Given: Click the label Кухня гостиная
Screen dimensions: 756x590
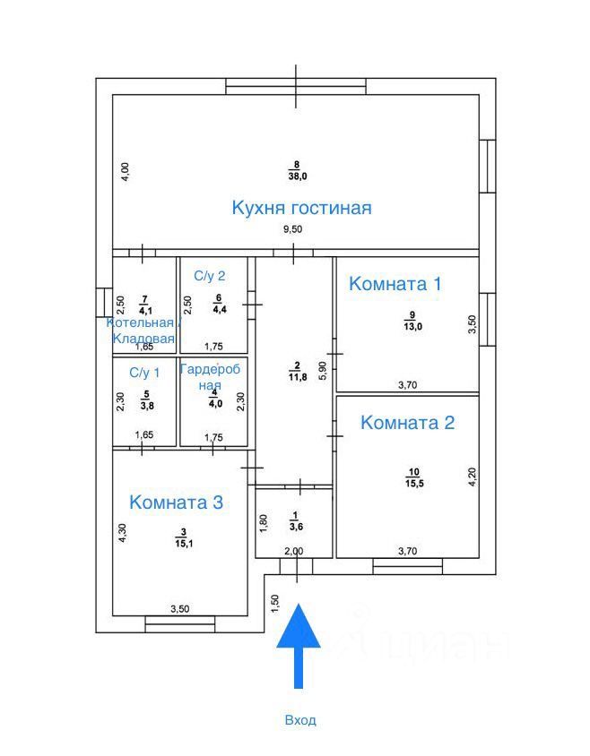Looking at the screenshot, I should pos(301,208).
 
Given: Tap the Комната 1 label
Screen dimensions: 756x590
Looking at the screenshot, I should pos(395,284).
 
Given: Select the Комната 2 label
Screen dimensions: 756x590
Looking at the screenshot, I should pos(407,423).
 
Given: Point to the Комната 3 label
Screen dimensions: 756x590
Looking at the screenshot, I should pos(176,503).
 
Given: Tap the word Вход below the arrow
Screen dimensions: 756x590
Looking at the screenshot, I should pos(300,720).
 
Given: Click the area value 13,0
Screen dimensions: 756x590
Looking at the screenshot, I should pos(412,327).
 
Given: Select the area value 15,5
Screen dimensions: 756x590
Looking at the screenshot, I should pos(413,484).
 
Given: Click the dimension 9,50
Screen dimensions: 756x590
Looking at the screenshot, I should pos(293,230).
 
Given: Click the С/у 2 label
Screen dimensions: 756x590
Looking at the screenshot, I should pos(209,275).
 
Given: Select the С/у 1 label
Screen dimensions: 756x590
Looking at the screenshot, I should pos(144,372).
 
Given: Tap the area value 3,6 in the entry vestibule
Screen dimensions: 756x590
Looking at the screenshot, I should pos(295,527).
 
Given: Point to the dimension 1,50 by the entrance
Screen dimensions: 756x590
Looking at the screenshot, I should pos(274,604).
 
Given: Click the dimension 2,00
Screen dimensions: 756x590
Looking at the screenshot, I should pos(292,552).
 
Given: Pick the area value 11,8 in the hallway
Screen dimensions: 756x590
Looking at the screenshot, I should pos(296,376).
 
